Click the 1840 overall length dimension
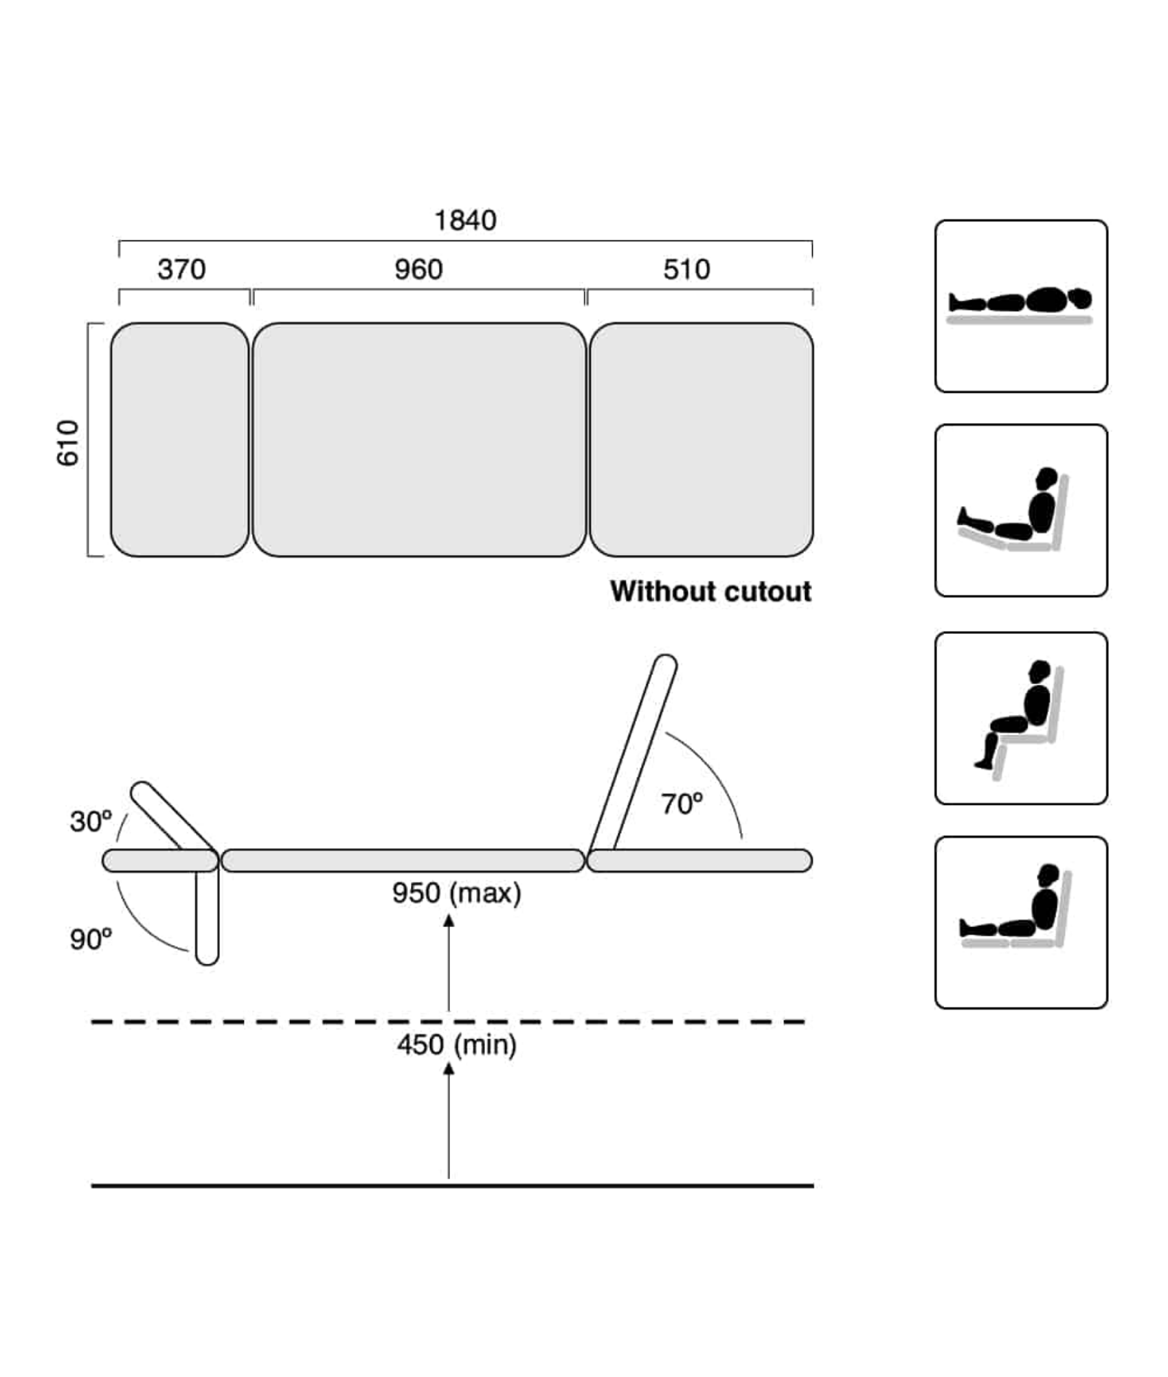pos(465,220)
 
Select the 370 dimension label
pos(181,269)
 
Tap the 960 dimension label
pos(418,269)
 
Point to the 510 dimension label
pos(686,269)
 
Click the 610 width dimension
pos(68,443)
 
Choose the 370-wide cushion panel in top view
pos(180,440)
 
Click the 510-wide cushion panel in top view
pos(701,440)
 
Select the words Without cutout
pos(710,591)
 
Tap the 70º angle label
pos(682,804)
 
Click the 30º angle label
pos(90,821)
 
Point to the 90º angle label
pos(90,939)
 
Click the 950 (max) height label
pos(457,894)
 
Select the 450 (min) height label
pos(457,1045)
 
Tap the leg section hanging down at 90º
pos(207,918)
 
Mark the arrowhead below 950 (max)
pos(449,920)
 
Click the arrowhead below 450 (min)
pos(449,1069)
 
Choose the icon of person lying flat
pos(1021,306)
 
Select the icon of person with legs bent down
pos(1021,718)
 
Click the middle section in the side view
pos(403,861)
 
